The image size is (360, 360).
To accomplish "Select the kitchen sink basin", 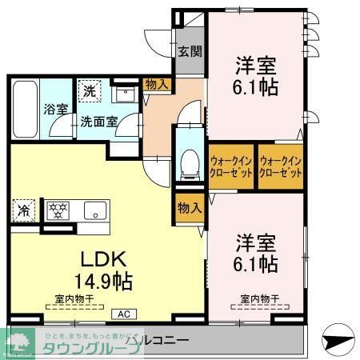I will click(94, 211).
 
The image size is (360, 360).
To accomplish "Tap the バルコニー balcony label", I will click(160, 341).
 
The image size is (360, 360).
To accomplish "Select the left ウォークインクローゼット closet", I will click(230, 166).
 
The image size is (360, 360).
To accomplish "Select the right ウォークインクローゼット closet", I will click(280, 166).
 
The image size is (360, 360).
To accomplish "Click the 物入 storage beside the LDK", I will click(189, 207).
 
